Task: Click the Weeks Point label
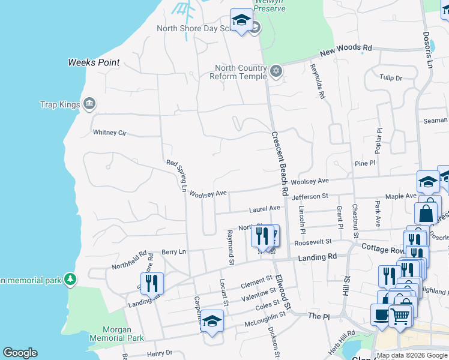pos(94,62)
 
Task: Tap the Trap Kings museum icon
pos(89,104)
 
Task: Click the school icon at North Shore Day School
pos(241,20)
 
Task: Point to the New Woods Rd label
pos(346,52)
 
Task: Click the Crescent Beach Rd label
pos(278,163)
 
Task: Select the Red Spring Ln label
pos(178,175)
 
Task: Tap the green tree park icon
pos(71,279)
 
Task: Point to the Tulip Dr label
pos(390,77)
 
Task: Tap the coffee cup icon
pos(381,314)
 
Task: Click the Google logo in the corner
pos(20,353)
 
